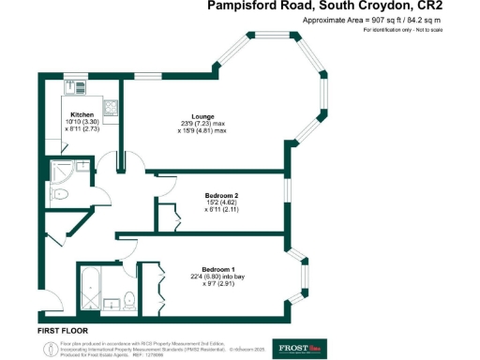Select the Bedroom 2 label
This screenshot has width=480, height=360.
pyautogui.click(x=222, y=195)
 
